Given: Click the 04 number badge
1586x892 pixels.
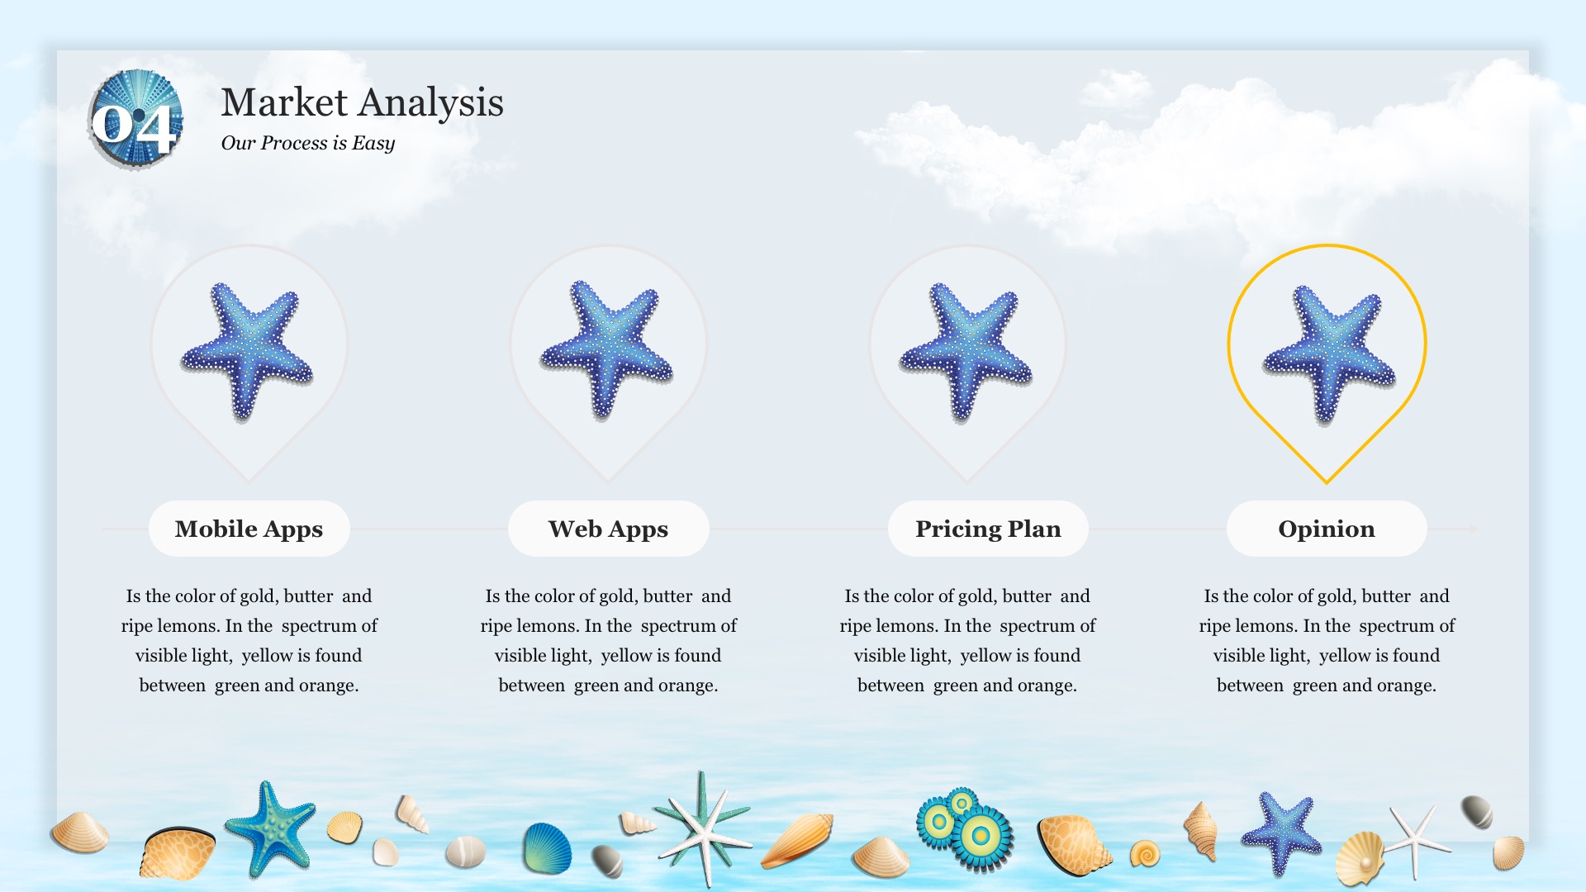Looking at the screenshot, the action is [135, 121].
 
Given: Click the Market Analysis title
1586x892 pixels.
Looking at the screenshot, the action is [362, 102].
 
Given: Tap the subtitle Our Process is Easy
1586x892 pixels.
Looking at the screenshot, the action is [308, 143].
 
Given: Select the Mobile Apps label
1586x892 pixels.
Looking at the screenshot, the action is [249, 529].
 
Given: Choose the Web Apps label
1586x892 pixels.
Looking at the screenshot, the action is [608, 529].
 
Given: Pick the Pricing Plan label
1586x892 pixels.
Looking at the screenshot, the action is [988, 529].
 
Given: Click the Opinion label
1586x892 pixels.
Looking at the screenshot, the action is [1327, 529].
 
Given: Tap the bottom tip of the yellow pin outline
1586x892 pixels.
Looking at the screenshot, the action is [1327, 483].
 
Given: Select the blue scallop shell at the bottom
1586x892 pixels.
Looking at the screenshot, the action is [547, 848].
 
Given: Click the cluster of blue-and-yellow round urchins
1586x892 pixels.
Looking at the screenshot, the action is [965, 829].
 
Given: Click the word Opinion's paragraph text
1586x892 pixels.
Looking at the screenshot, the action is [1327, 640].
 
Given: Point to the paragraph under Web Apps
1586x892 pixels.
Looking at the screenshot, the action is [608, 640].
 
